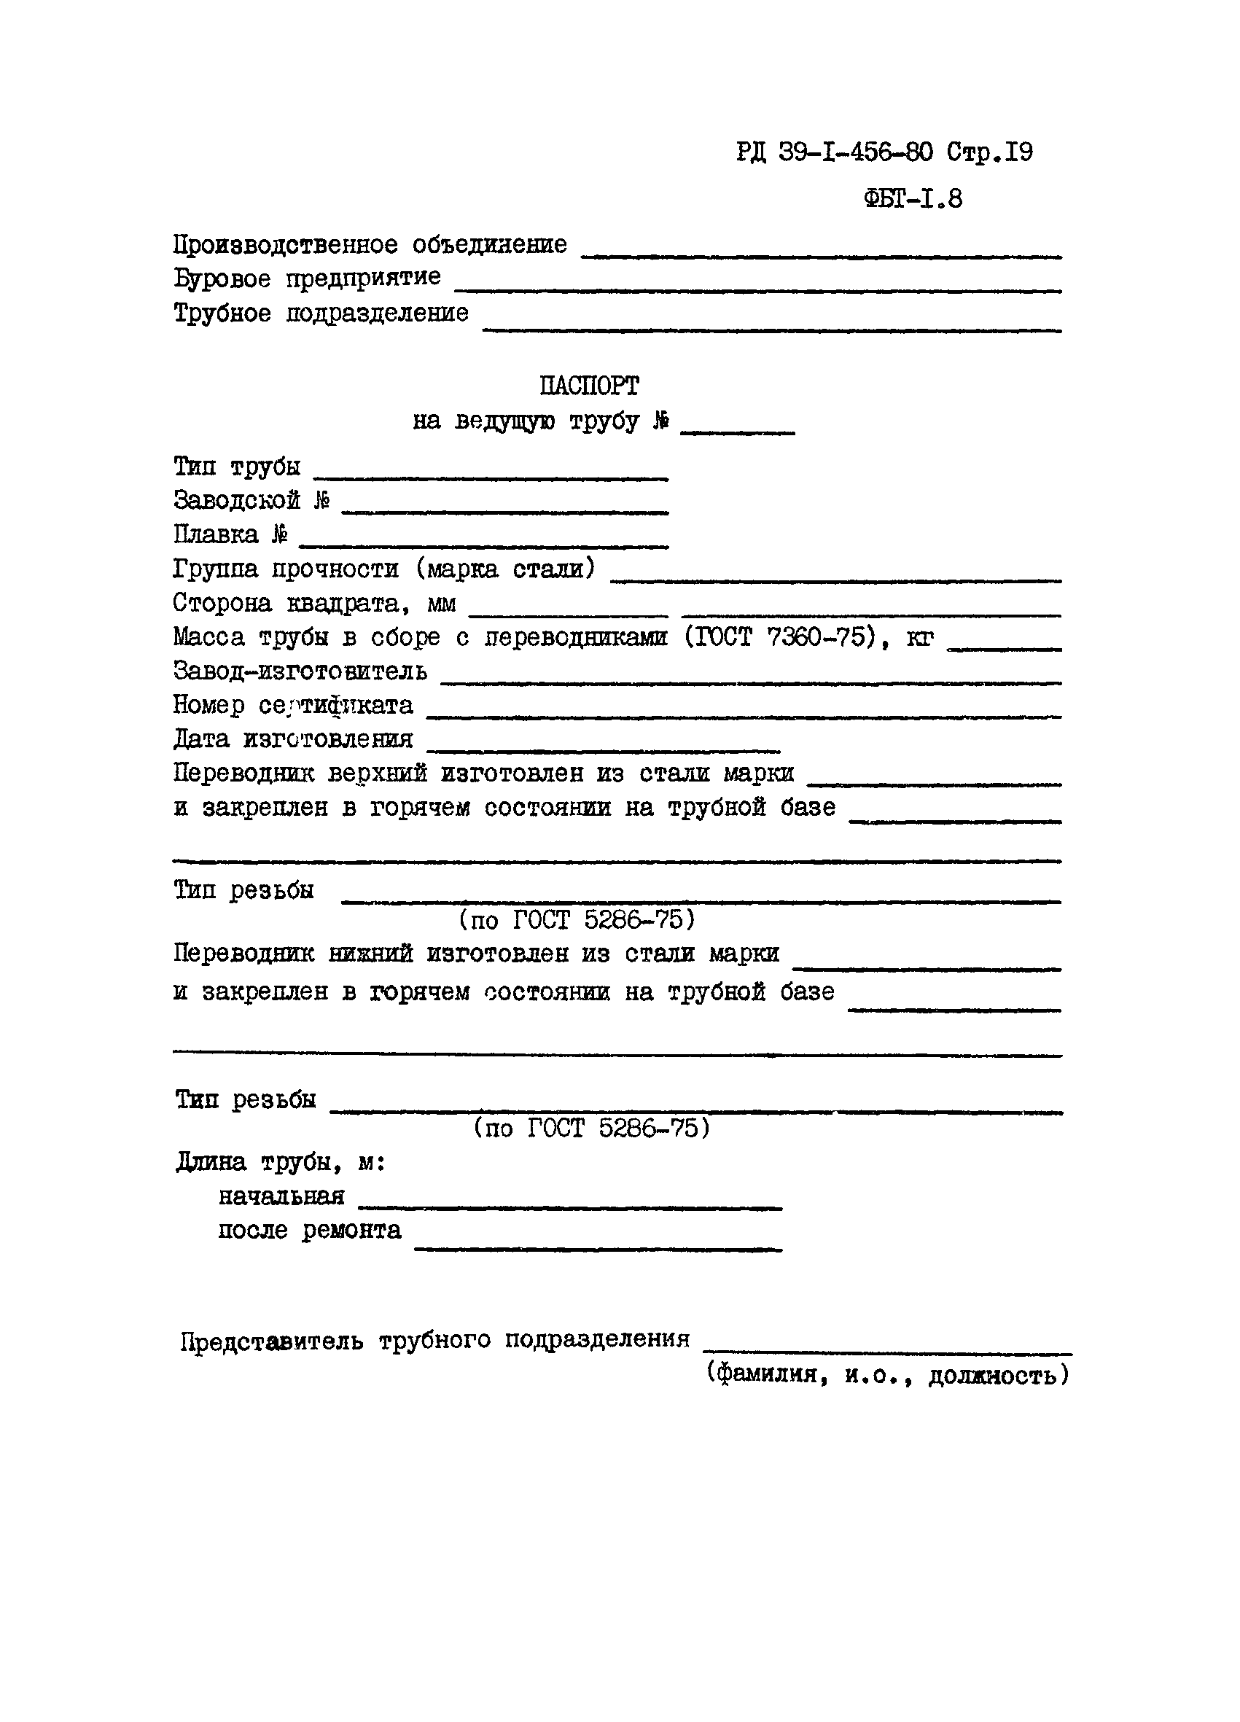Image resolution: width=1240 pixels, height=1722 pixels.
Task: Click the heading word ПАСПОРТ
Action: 588,386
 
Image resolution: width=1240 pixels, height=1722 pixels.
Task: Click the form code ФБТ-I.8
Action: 912,199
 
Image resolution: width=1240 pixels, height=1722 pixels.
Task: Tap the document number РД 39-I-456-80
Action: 834,152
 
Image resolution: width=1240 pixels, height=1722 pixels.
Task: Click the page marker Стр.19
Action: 989,152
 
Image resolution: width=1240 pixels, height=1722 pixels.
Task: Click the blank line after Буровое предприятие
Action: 757,289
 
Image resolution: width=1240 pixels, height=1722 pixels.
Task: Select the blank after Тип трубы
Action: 491,477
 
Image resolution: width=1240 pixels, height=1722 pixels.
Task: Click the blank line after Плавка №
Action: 484,545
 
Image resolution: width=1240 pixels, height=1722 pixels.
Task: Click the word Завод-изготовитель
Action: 300,671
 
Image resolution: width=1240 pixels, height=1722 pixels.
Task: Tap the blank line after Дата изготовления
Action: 604,749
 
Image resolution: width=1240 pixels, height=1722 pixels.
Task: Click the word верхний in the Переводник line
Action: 378,774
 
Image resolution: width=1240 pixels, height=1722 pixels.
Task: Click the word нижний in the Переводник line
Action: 370,954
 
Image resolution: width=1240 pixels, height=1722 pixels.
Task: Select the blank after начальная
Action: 569,1207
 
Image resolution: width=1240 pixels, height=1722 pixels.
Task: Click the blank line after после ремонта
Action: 598,1248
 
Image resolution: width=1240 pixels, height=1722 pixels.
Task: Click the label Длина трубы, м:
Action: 281,1162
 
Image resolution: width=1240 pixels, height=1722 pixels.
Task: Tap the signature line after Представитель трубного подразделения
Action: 887,1352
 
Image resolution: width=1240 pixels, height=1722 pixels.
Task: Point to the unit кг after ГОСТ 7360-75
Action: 919,638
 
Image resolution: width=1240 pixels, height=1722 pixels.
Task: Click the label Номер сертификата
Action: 293,706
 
